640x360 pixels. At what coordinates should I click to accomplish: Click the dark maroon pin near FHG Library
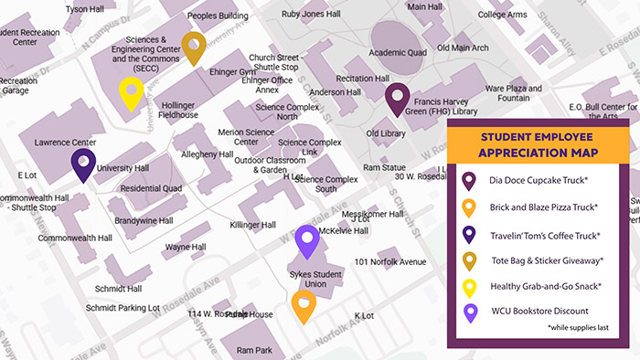pyautogui.click(x=396, y=99)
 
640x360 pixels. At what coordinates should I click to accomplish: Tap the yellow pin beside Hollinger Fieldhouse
pyautogui.click(x=132, y=92)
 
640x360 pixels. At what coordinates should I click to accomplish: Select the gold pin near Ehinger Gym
pyautogui.click(x=193, y=47)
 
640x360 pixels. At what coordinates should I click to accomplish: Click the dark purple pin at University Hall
pyautogui.click(x=83, y=165)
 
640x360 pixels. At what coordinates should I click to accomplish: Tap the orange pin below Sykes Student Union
pyautogui.click(x=304, y=305)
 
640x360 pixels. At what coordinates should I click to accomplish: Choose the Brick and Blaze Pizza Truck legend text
pyautogui.click(x=544, y=207)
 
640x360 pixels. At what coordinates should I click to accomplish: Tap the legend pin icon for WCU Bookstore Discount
pyautogui.click(x=469, y=312)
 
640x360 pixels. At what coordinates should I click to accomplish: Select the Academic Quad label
pyautogui.click(x=398, y=52)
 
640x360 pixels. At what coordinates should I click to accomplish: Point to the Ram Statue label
pyautogui.click(x=384, y=168)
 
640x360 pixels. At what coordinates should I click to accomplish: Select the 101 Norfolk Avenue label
pyautogui.click(x=390, y=262)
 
